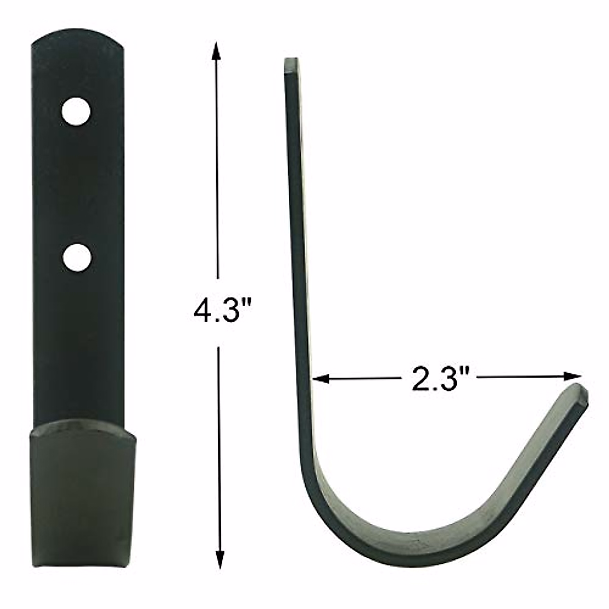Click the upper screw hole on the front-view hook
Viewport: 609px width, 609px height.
(x=76, y=111)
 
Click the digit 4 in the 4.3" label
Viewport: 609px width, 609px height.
(x=202, y=311)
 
